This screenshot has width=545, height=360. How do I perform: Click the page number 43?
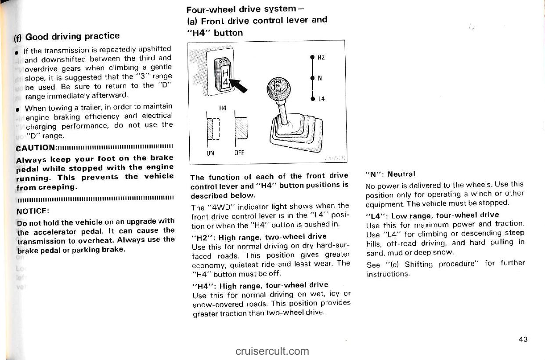click(523, 339)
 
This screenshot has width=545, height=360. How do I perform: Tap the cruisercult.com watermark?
click(272, 351)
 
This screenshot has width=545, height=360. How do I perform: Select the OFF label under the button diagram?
click(239, 153)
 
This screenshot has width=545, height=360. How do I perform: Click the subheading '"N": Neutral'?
click(390, 174)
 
